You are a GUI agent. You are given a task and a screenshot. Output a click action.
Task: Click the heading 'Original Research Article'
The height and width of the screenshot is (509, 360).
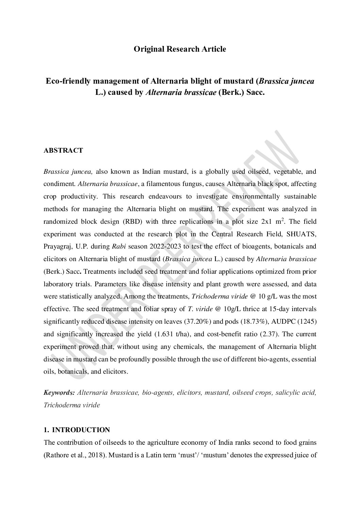click(x=180, y=49)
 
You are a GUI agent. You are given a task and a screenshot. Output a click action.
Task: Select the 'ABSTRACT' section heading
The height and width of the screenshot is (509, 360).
click(x=63, y=150)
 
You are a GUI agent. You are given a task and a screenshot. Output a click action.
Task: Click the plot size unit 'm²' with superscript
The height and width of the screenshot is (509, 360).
click(x=280, y=221)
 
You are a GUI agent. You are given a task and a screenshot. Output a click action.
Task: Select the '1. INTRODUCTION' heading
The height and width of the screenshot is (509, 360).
click(x=77, y=430)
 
